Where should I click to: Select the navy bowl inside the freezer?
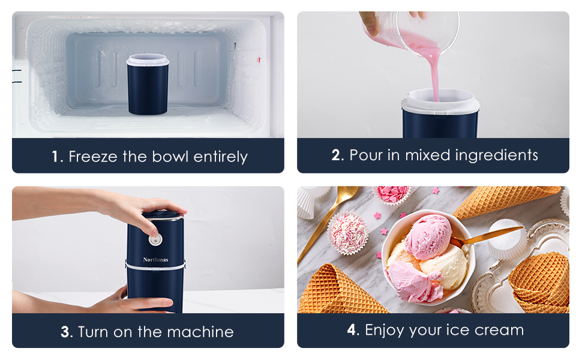click(148, 87)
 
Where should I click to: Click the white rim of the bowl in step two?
click(440, 105)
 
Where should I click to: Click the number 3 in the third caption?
click(65, 332)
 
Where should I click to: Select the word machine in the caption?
click(200, 332)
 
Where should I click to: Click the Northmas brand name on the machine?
click(155, 260)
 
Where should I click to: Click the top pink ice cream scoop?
click(428, 236)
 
